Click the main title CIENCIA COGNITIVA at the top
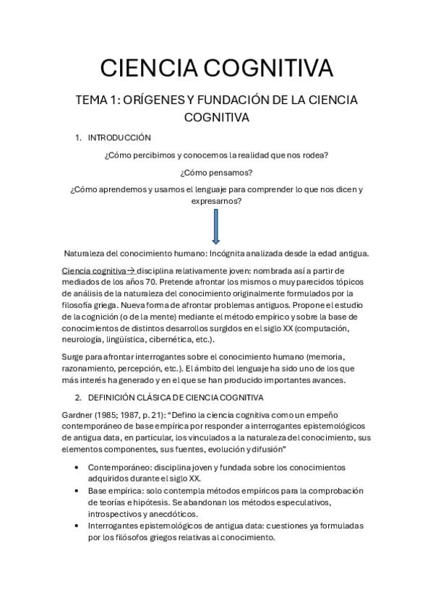click(x=216, y=69)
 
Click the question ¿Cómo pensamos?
click(x=216, y=172)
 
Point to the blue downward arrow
click(x=215, y=231)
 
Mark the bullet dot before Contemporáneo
click(x=78, y=467)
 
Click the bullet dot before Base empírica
click(x=78, y=490)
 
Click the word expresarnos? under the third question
click(x=216, y=202)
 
